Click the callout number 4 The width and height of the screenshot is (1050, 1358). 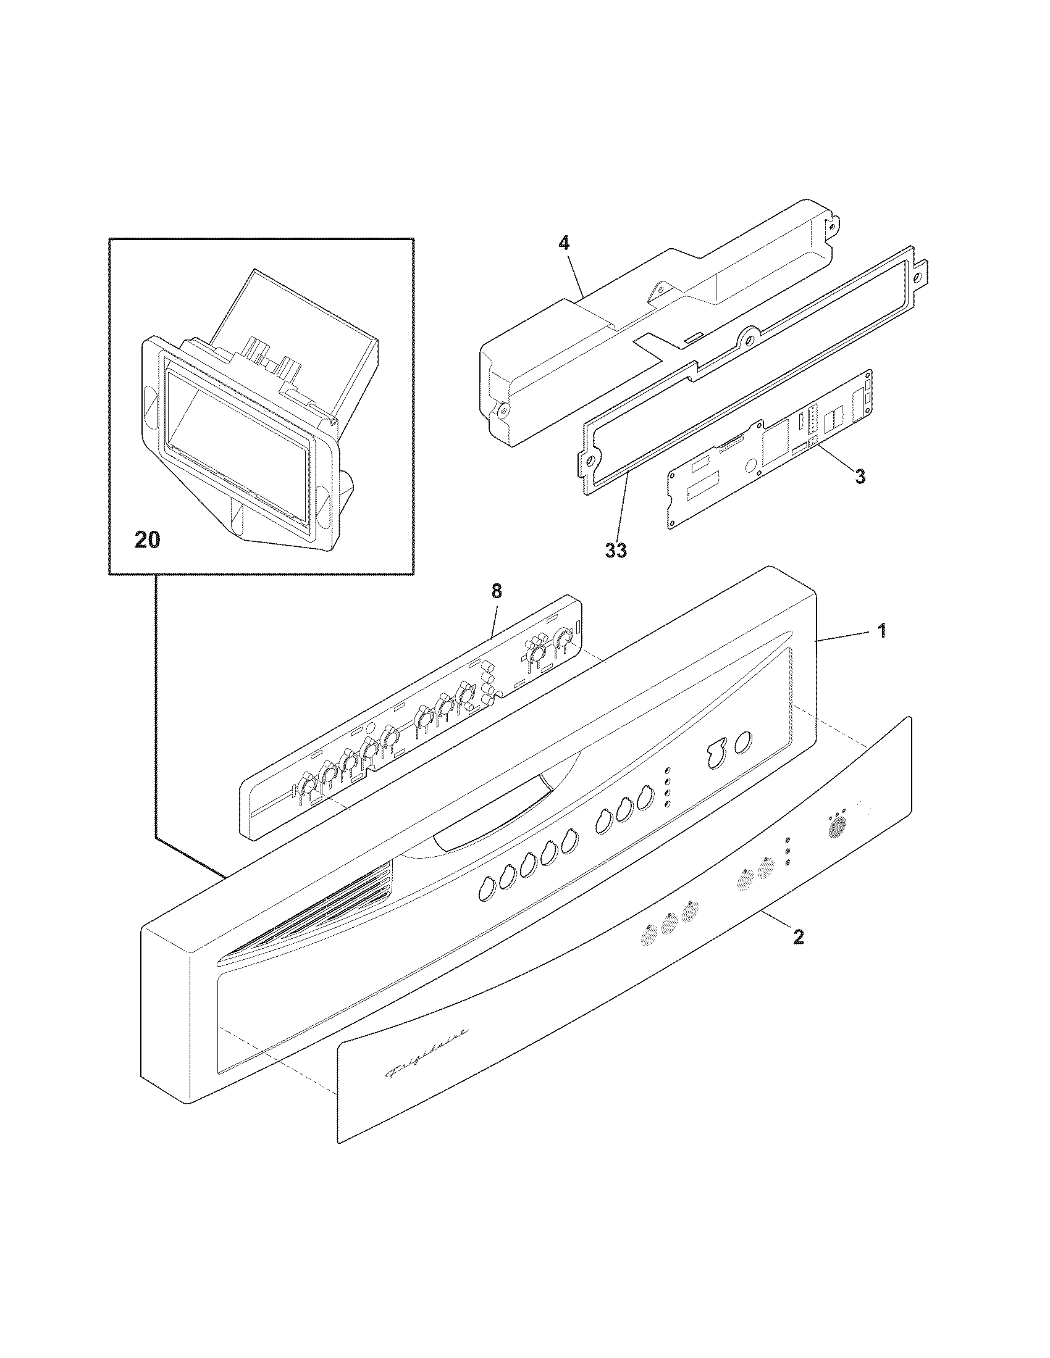click(x=563, y=243)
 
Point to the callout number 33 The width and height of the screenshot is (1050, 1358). click(x=616, y=550)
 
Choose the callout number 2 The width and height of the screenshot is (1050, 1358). click(x=799, y=954)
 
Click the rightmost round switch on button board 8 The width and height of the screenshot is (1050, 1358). click(x=564, y=639)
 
